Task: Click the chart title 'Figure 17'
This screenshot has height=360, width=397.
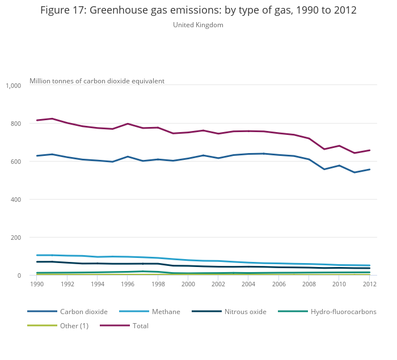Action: [x=198, y=11]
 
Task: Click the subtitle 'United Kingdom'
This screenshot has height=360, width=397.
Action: [x=198, y=25]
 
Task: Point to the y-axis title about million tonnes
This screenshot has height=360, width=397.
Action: [x=97, y=81]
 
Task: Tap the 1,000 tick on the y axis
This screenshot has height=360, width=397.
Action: [x=13, y=86]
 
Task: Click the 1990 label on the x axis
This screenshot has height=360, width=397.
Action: [x=37, y=283]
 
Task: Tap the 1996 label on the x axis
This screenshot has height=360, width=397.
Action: [x=128, y=283]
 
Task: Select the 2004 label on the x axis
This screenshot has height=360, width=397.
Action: [x=248, y=283]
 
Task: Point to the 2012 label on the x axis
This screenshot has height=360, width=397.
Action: [x=369, y=283]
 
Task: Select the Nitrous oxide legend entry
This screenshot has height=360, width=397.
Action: [x=245, y=312]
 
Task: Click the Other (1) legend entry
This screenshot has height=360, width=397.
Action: [x=74, y=326]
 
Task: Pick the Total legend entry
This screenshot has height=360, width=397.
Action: [x=140, y=326]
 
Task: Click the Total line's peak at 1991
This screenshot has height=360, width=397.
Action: [x=52, y=118]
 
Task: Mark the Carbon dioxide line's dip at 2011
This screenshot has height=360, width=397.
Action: [x=354, y=172]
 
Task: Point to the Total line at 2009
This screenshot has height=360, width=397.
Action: [x=324, y=149]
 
